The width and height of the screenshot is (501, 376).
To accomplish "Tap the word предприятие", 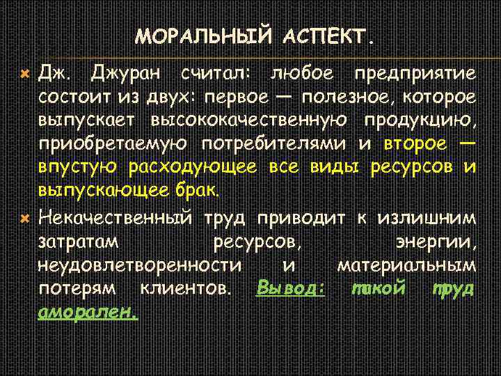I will click(x=415, y=73).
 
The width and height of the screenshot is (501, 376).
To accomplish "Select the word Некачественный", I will click(x=115, y=219).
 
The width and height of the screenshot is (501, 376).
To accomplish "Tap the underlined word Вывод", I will click(x=291, y=288).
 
